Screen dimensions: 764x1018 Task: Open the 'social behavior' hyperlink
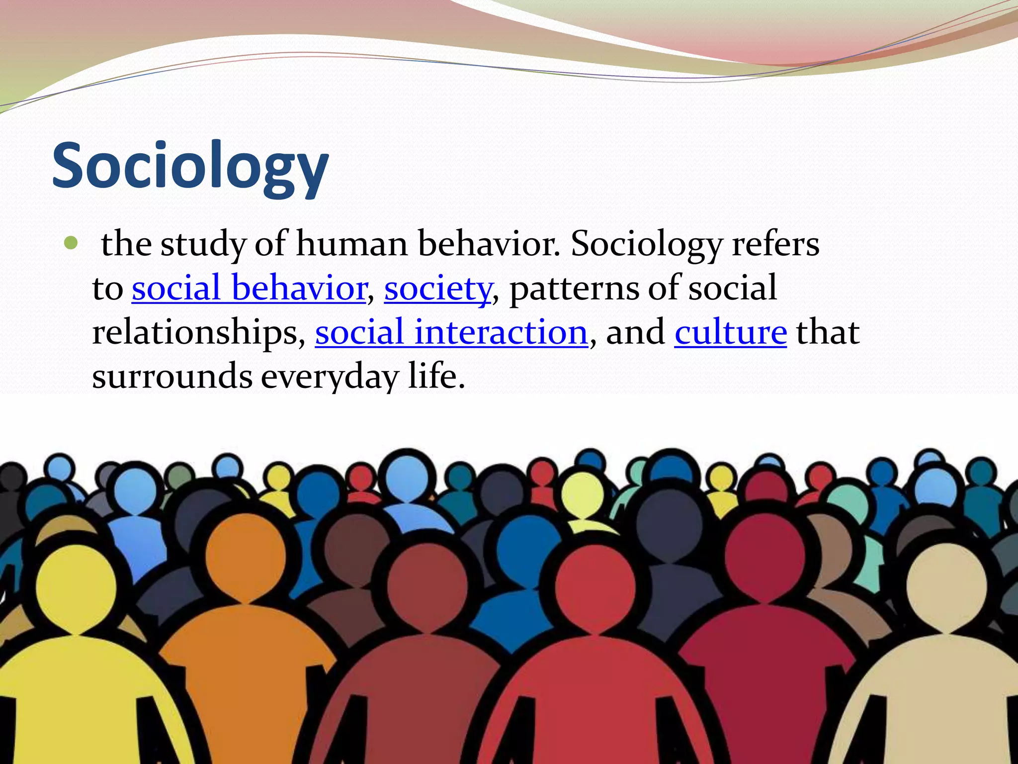[x=249, y=288]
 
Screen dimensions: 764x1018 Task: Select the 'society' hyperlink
[x=438, y=288]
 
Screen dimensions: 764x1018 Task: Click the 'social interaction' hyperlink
[x=451, y=332]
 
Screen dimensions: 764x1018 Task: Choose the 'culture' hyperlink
[x=730, y=332]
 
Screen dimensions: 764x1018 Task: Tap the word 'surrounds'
[x=172, y=376]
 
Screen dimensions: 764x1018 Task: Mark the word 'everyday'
[x=330, y=376]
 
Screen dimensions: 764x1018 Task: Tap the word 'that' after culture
[x=828, y=332]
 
